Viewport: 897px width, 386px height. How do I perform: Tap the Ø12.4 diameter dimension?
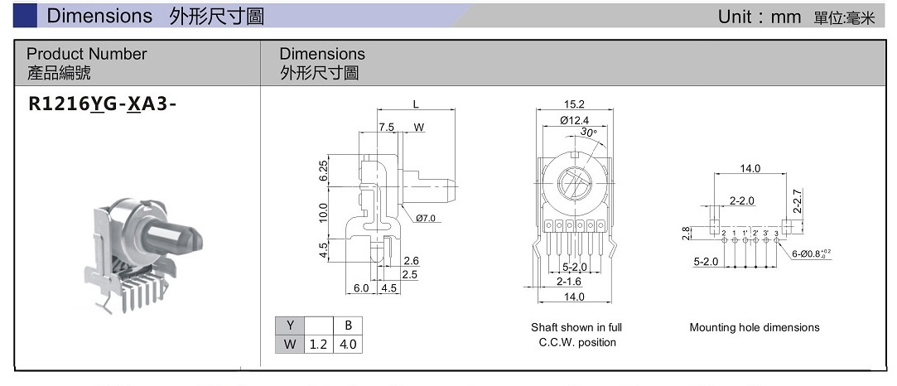click(574, 121)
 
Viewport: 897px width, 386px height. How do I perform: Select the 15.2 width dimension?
click(574, 105)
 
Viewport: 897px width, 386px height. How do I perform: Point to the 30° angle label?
click(589, 132)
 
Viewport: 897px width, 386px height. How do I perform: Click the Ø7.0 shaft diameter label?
click(426, 218)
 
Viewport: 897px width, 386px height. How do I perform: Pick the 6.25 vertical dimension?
click(324, 172)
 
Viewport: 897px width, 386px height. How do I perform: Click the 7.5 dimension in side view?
click(387, 128)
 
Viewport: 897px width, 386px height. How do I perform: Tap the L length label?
click(416, 104)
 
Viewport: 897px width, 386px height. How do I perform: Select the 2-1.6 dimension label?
click(568, 282)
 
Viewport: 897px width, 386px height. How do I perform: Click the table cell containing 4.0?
click(348, 344)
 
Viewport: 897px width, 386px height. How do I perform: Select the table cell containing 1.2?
click(318, 344)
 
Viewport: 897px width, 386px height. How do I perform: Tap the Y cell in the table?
click(289, 326)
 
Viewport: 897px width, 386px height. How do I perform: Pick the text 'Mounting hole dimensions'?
click(754, 327)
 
